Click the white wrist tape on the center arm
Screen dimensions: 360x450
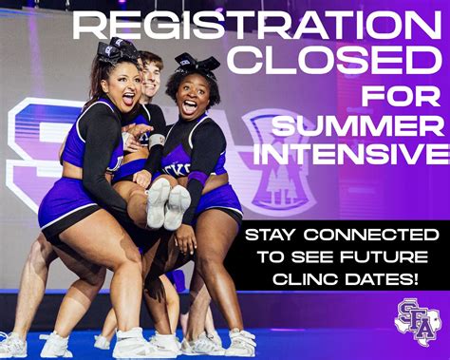coord(157,141)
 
